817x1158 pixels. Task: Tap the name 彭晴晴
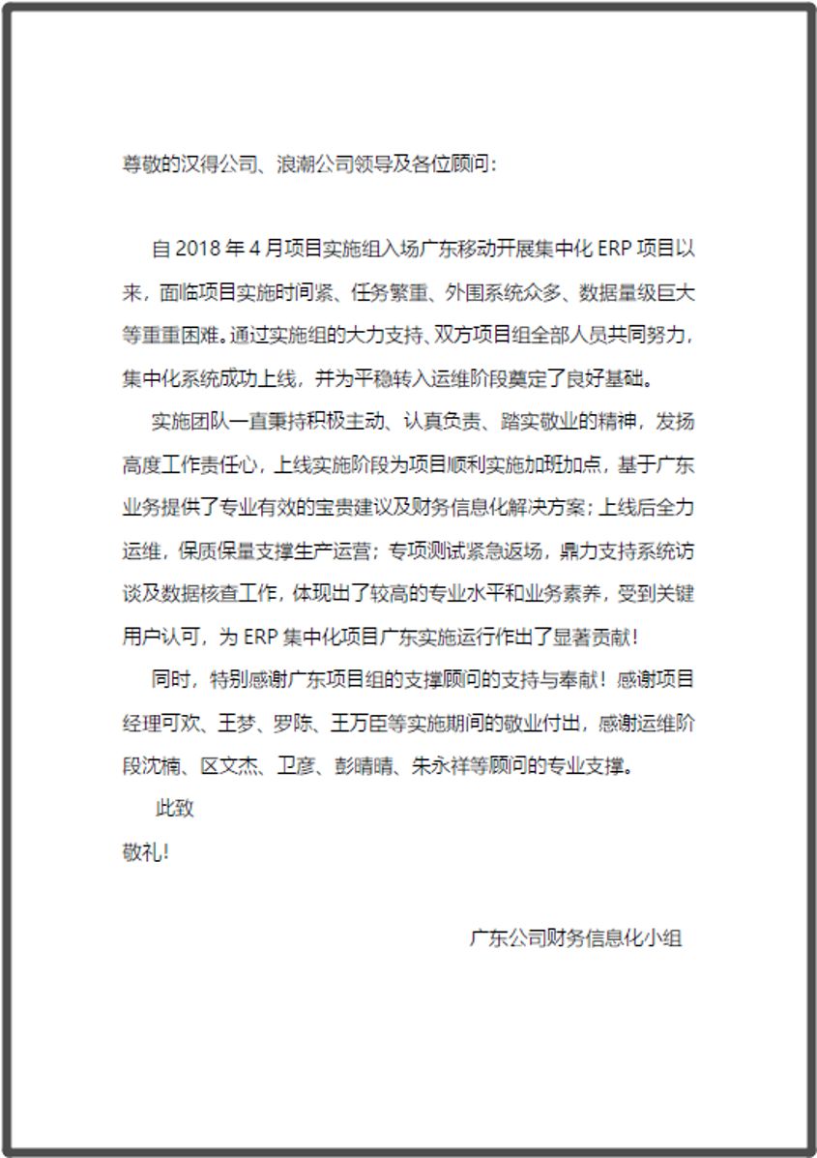tap(359, 766)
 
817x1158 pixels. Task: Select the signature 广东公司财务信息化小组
tap(575, 937)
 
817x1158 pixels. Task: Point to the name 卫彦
tap(287, 766)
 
